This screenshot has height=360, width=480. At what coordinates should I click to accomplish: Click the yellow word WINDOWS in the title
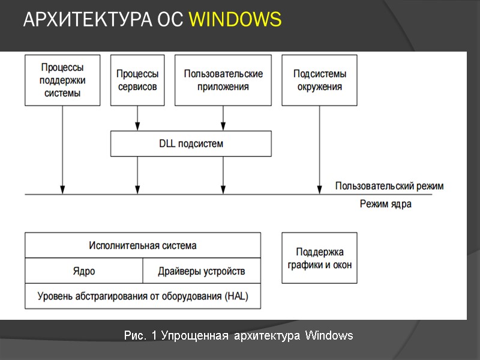[235, 20]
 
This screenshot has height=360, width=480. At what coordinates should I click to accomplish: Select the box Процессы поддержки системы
[62, 80]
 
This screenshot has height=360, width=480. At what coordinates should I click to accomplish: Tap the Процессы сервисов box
[137, 80]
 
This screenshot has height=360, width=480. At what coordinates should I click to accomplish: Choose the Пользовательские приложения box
[223, 80]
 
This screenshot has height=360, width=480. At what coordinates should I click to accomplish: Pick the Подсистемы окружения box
[319, 80]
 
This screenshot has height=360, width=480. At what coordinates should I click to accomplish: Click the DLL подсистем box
[191, 144]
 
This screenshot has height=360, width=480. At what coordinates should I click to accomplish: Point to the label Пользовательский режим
[389, 186]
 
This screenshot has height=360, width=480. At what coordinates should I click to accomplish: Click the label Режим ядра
[385, 204]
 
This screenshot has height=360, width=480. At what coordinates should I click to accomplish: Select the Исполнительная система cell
[143, 245]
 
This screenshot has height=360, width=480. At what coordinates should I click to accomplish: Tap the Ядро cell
[84, 271]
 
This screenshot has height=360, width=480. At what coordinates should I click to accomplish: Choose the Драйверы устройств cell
[202, 271]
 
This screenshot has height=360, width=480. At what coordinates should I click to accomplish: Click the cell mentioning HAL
[143, 296]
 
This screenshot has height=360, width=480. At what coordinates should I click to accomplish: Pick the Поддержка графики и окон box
[319, 258]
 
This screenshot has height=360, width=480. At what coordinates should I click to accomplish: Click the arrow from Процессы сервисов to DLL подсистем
[137, 118]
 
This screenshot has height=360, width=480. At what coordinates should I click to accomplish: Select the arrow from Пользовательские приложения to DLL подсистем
[223, 118]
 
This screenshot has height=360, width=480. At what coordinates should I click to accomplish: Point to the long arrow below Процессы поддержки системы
[62, 150]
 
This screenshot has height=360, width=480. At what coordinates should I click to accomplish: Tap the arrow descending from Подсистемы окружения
[319, 150]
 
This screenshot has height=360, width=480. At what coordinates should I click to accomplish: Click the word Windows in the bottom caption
[329, 335]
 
